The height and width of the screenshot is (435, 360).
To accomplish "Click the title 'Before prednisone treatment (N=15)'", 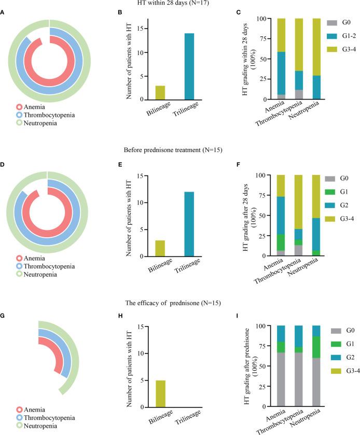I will tap(179, 151).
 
